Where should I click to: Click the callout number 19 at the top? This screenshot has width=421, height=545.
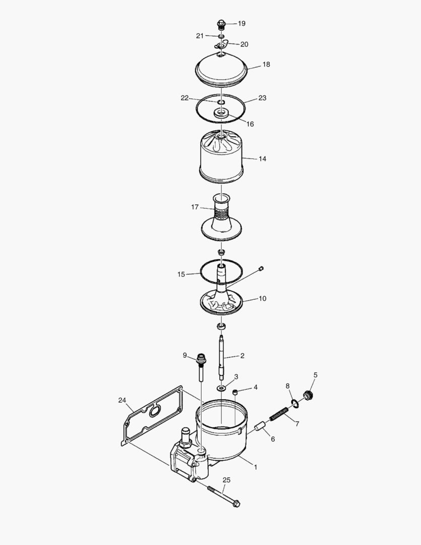pyautogui.click(x=242, y=23)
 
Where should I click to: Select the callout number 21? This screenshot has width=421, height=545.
pyautogui.click(x=200, y=35)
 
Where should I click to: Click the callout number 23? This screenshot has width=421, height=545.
pyautogui.click(x=262, y=98)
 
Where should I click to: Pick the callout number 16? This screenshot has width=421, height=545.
pyautogui.click(x=250, y=124)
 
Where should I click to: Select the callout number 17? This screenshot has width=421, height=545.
pyautogui.click(x=195, y=207)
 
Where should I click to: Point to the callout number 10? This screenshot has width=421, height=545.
pyautogui.click(x=262, y=298)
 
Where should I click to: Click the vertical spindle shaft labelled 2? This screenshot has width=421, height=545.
pyautogui.click(x=221, y=356)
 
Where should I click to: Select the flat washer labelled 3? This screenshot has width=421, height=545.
pyautogui.click(x=221, y=388)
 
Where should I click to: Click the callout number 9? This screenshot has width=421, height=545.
pyautogui.click(x=185, y=355)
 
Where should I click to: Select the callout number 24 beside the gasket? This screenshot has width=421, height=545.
pyautogui.click(x=122, y=400)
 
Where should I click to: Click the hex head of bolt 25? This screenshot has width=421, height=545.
pyautogui.click(x=235, y=504)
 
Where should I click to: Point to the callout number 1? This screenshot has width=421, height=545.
pyautogui.click(x=255, y=467)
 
